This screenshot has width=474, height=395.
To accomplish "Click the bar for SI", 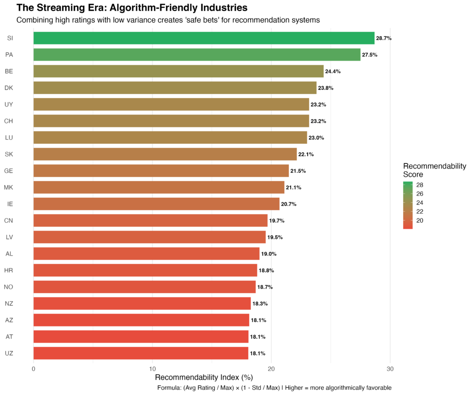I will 204,38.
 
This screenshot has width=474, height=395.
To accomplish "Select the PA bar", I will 197,55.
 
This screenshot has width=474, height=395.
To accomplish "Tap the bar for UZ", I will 141,353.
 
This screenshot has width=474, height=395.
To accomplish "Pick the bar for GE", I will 161,171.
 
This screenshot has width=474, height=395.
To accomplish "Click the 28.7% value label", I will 384,38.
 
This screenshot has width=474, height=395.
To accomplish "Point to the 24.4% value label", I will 333,72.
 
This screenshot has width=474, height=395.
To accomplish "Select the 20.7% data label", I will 289,204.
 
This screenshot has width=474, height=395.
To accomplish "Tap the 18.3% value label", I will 260,304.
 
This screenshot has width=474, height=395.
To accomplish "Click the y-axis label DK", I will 9,88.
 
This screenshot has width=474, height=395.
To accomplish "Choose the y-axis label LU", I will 9,138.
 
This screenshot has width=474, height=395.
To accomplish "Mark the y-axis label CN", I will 9,220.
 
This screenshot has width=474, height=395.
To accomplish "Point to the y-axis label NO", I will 9,287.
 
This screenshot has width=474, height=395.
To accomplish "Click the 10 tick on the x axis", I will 152,369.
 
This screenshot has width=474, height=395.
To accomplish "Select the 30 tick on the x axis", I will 390,369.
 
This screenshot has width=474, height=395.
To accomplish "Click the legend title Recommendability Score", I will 434,170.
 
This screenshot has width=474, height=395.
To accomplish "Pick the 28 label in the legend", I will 420,185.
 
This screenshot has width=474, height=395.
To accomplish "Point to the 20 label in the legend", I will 420,220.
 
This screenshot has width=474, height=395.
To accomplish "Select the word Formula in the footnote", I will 168,388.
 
